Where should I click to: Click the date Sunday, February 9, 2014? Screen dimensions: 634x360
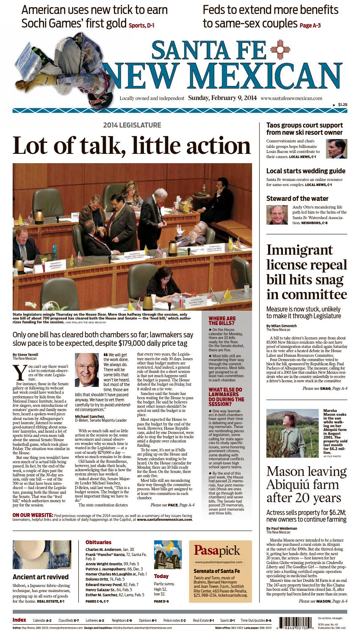pos(222,98)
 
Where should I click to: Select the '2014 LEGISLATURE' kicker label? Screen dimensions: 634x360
pos(132,125)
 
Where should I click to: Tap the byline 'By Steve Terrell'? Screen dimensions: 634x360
pos(26,354)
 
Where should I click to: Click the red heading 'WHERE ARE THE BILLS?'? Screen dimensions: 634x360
pos(222,321)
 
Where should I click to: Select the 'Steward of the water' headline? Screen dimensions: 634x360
pos(297,198)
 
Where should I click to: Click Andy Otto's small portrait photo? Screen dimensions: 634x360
pos(277,215)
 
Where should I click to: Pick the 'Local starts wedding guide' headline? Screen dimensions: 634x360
pos(306,171)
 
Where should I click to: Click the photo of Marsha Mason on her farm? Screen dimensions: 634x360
pos(292,433)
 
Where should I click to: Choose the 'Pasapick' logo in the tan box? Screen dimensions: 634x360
pos(217,551)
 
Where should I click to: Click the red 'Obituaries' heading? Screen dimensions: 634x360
pos(98,542)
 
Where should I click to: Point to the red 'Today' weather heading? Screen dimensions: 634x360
pos(161,576)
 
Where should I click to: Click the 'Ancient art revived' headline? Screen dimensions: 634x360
pos(41,577)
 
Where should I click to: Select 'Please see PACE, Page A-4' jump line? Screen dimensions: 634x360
pos(172,505)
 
